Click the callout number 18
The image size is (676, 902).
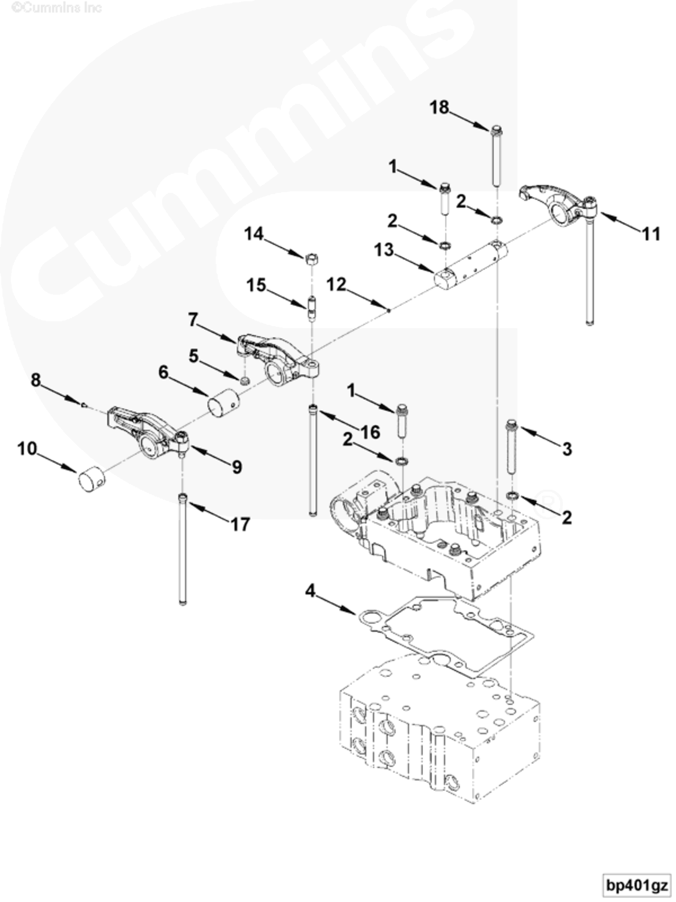point(439,108)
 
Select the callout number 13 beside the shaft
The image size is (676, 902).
point(384,250)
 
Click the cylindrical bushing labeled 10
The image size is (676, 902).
point(91,480)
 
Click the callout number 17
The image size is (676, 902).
point(240,524)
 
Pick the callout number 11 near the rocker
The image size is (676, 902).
point(651,234)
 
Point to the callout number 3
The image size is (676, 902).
point(567,449)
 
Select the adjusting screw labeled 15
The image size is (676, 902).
point(312,310)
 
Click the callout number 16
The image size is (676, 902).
point(370,432)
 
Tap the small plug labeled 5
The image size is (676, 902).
point(245,381)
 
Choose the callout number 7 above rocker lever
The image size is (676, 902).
point(193,320)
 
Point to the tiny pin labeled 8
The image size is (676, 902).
point(83,405)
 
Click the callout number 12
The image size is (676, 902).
point(336,285)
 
